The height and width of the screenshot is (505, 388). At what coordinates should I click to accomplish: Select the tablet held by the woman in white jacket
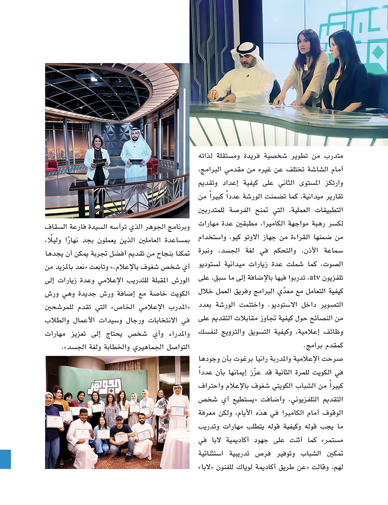[x=99, y=161]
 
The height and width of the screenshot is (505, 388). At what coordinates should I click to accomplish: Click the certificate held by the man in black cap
[x=122, y=438]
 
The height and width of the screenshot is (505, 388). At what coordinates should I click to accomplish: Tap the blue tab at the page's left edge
[x=5, y=459]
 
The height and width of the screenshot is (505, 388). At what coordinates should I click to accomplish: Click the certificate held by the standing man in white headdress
[x=177, y=410]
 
